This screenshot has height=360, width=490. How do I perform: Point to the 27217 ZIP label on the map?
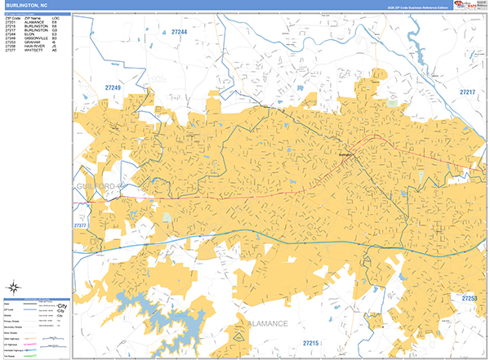466,92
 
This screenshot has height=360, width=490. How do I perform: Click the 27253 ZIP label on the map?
468,299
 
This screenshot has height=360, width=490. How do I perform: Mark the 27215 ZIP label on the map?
311,343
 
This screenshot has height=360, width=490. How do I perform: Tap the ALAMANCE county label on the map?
268,324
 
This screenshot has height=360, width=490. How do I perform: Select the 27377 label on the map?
80,225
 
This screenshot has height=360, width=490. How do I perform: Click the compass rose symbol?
14,286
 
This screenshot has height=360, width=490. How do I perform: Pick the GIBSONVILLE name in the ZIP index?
38,38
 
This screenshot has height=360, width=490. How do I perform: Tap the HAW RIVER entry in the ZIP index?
37,47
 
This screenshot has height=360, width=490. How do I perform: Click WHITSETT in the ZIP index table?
36,51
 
